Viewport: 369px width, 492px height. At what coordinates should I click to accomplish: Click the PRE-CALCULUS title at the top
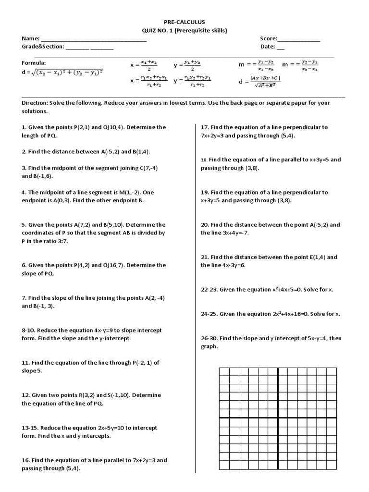(x=184, y=22)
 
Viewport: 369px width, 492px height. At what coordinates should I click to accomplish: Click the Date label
(x=267, y=47)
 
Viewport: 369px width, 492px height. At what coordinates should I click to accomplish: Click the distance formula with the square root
(x=62, y=73)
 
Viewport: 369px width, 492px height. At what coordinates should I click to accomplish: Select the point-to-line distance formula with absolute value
(x=260, y=82)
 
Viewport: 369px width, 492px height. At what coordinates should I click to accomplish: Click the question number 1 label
(x=24, y=127)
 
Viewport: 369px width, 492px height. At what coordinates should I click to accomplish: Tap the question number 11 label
(x=25, y=363)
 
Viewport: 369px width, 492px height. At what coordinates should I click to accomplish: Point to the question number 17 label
(x=205, y=127)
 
